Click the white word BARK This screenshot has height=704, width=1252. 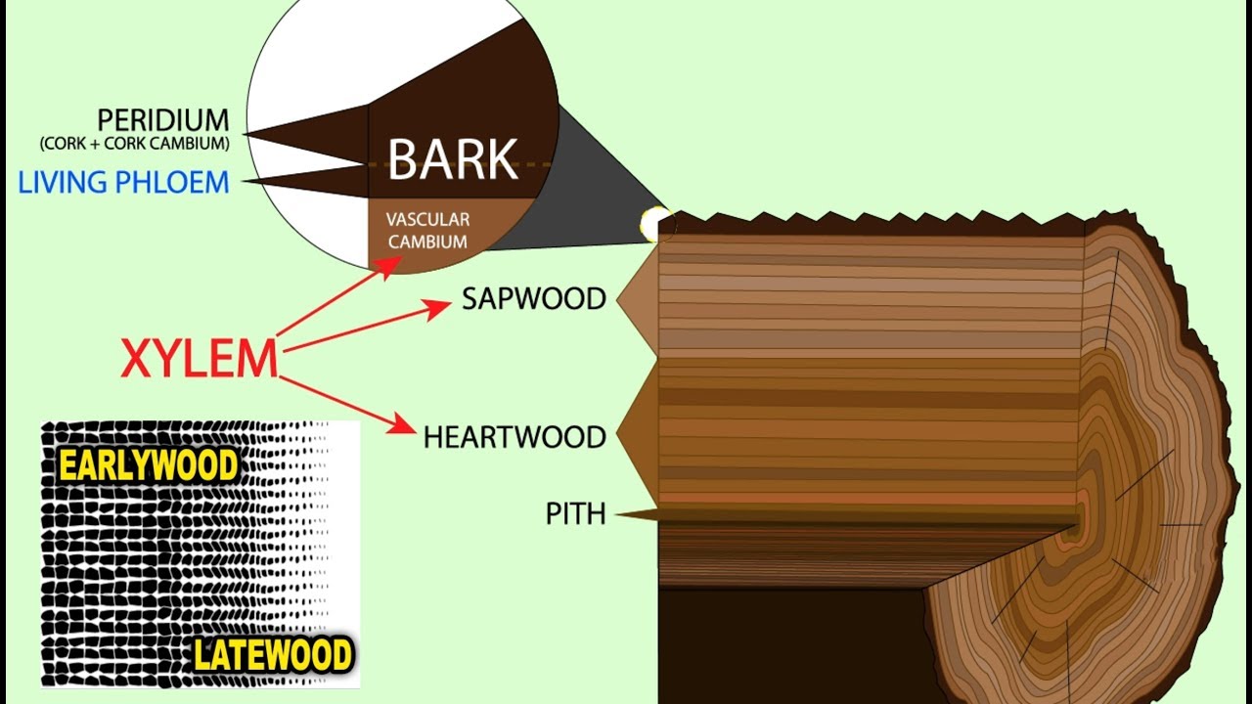click(x=453, y=159)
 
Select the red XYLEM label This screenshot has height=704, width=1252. click(x=200, y=359)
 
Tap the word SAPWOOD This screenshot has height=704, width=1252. click(x=534, y=299)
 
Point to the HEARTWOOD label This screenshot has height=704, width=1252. click(x=514, y=437)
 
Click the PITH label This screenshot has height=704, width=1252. click(x=575, y=513)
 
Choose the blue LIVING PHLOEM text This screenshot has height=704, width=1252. click(x=123, y=182)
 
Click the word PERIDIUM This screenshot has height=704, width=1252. click(x=163, y=120)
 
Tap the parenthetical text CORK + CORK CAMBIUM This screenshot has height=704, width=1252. click(x=135, y=143)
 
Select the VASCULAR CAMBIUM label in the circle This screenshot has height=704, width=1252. click(x=428, y=230)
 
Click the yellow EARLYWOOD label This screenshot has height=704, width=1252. click(x=149, y=465)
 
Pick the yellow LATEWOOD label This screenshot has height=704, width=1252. click(x=273, y=655)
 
